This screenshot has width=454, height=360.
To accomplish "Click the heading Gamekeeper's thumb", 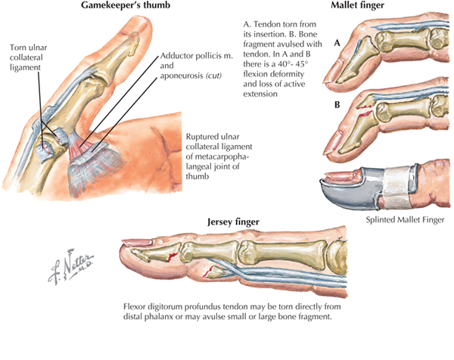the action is click(126, 5).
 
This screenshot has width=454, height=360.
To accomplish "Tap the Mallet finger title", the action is click(357, 5).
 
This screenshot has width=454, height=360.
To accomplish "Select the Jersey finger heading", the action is click(233, 222).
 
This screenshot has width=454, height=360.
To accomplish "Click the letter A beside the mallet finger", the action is click(337, 43).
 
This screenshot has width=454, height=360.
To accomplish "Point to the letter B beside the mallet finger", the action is click(337, 104).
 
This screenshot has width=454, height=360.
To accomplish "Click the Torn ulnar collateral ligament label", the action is click(28, 57).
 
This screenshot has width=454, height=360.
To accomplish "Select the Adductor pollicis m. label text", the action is click(196, 56).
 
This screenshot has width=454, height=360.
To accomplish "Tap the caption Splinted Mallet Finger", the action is click(405, 220).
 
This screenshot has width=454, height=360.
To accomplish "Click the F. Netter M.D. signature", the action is click(71, 266).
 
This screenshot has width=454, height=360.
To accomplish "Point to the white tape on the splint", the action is click(396, 187).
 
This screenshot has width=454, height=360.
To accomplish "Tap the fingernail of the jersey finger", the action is click(136, 243).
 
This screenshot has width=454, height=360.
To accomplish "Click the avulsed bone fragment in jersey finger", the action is click(215, 272).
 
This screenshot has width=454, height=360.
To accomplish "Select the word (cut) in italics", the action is click(213, 76).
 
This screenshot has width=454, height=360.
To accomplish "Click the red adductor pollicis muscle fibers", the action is click(79, 144).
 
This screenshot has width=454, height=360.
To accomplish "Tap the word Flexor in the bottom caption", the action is click(135, 306).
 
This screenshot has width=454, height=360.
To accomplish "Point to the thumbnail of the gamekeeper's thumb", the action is click(135, 26).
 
